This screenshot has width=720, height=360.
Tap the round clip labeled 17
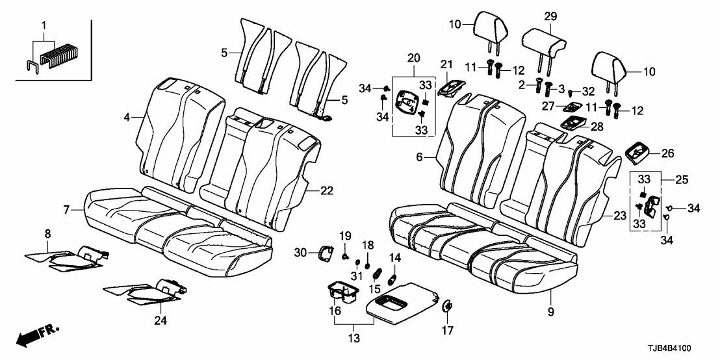(448, 306)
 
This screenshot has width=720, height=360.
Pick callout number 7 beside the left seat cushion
(67, 209)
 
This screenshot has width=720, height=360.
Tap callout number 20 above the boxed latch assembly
(413, 58)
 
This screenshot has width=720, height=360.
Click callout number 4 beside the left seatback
(127, 117)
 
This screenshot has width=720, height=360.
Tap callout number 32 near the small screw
(589, 91)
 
